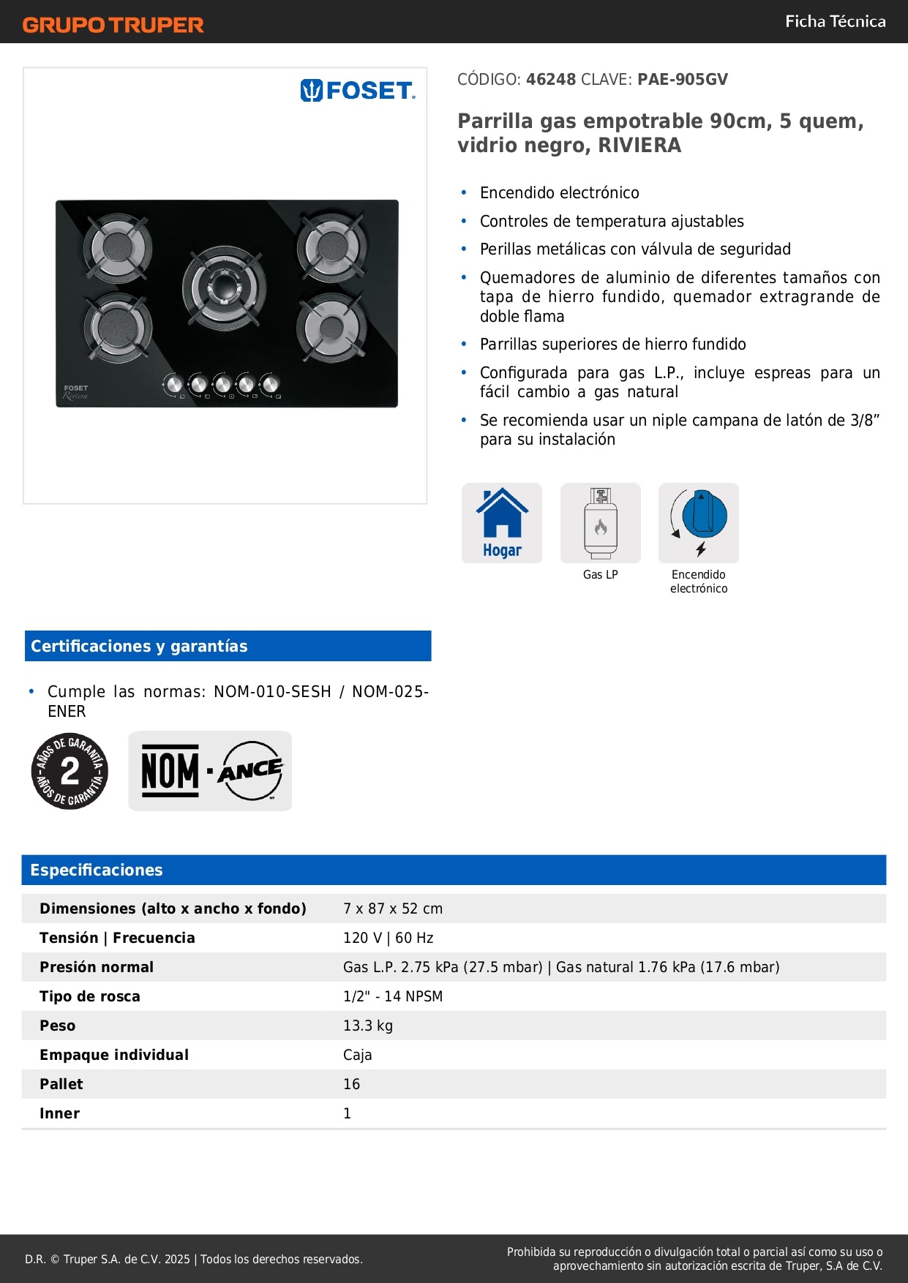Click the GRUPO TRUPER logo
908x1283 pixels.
tap(113, 25)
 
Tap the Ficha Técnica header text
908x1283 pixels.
tap(835, 21)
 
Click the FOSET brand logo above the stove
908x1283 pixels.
tap(357, 91)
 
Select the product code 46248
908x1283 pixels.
tap(551, 79)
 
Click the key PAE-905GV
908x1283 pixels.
tap(682, 79)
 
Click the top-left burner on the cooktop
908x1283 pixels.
tap(117, 247)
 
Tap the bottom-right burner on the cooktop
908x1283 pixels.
tap(331, 327)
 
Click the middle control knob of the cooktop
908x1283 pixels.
tap(222, 384)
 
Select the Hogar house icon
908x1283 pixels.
tap(502, 522)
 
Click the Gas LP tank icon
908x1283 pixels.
tap(600, 522)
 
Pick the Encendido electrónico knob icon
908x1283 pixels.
tap(699, 522)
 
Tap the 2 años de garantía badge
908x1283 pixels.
tap(70, 771)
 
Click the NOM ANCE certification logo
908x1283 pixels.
tap(210, 771)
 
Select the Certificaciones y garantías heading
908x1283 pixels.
tap(139, 646)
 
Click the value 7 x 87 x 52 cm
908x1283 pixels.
tap(393, 908)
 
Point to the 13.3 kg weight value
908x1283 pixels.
tap(368, 1026)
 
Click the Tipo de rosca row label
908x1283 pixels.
tap(90, 996)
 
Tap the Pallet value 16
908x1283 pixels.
tap(352, 1084)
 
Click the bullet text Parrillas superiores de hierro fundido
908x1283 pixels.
tap(613, 344)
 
